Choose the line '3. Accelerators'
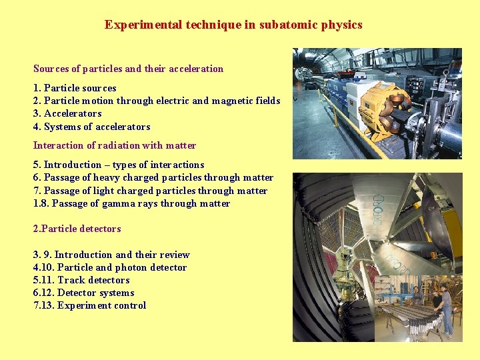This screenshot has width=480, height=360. [67, 114]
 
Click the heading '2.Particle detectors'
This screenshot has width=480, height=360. [77, 229]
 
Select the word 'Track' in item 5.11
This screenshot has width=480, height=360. [70, 280]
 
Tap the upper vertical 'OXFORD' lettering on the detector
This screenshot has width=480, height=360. [378, 209]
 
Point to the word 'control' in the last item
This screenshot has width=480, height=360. [131, 305]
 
